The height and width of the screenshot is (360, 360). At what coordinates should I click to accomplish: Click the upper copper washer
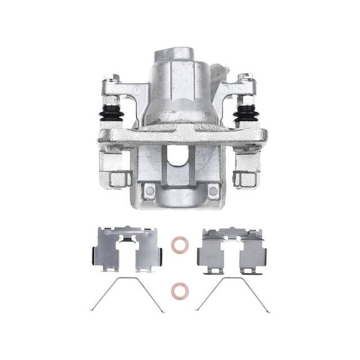(179, 245)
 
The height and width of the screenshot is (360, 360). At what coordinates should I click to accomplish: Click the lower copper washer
(179, 290)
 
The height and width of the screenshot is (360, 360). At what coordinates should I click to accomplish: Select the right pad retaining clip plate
(231, 250)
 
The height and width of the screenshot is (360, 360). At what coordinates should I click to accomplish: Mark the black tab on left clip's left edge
(94, 256)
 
